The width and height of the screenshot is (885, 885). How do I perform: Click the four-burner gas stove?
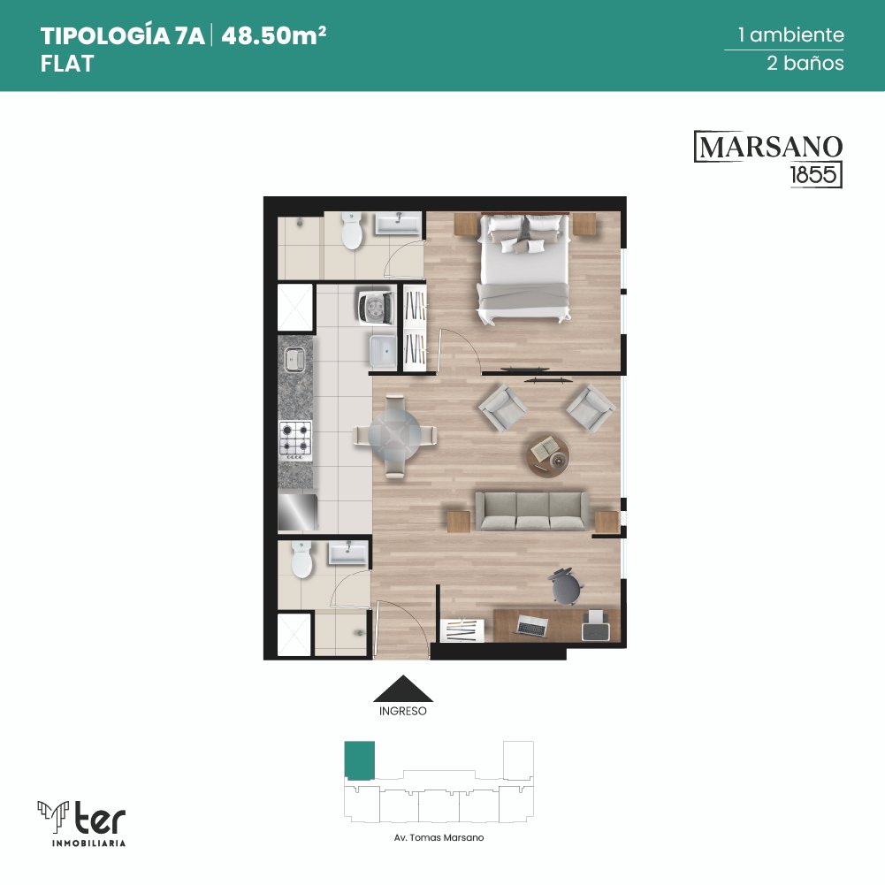(x=296, y=440)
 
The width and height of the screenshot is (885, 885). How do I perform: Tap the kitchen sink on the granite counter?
(x=294, y=360)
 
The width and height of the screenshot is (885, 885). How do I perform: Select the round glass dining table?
(x=394, y=436)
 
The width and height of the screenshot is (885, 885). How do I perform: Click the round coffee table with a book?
(x=548, y=454)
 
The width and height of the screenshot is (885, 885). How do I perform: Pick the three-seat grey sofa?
(x=531, y=511)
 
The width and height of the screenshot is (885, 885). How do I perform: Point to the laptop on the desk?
(x=531, y=625)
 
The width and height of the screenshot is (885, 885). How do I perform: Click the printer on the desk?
(x=596, y=625)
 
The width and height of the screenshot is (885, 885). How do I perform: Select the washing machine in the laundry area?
(x=376, y=307)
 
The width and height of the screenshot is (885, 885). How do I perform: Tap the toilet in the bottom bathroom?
(x=301, y=559)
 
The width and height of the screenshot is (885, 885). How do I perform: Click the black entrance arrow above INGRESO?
(x=403, y=689)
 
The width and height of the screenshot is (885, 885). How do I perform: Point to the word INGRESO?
(x=403, y=711)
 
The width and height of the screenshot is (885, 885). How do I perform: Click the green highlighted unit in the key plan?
(x=360, y=761)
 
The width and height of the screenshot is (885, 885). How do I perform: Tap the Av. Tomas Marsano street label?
(x=439, y=837)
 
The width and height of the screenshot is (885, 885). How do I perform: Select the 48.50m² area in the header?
(x=274, y=36)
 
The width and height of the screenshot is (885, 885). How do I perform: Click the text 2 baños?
(x=805, y=63)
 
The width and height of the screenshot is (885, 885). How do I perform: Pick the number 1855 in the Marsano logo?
(x=813, y=174)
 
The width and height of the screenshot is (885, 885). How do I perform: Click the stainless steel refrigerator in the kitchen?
(x=297, y=512)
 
